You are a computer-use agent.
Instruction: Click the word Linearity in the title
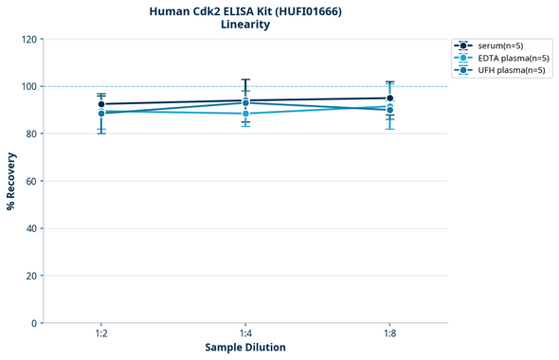pyautogui.click(x=245, y=25)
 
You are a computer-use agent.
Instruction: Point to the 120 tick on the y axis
pyautogui.click(x=28, y=39)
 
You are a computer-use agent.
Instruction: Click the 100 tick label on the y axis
pyautogui.click(x=28, y=86)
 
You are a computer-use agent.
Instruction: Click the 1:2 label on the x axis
pyautogui.click(x=101, y=334)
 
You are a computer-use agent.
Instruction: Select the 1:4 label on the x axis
pyautogui.click(x=245, y=334)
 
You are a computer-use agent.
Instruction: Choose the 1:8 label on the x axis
pyautogui.click(x=389, y=334)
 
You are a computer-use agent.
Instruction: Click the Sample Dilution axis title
pyautogui.click(x=245, y=348)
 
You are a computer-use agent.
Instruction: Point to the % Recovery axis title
pyautogui.click(x=11, y=181)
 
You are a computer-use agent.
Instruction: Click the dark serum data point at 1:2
pyautogui.click(x=101, y=104)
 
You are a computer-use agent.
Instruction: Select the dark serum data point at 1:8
pyautogui.click(x=389, y=98)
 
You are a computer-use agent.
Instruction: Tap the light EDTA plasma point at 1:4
pyautogui.click(x=245, y=114)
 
